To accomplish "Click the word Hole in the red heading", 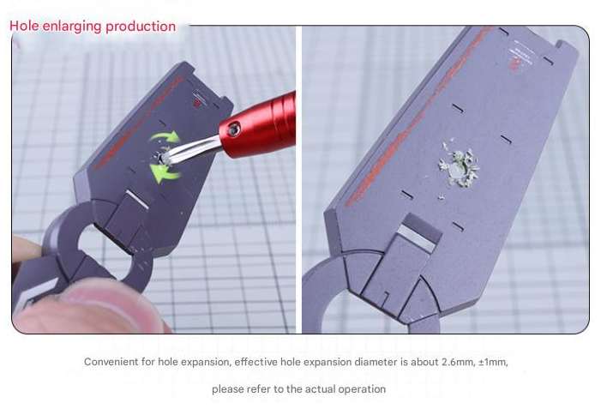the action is tap(24, 27).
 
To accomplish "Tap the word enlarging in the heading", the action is tap(72, 27).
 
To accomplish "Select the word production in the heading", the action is tap(141, 27).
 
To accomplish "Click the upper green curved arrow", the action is tap(165, 136).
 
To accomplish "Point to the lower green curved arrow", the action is tap(164, 173).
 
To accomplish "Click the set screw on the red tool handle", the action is tap(233, 129).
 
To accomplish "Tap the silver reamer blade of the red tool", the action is tap(189, 148).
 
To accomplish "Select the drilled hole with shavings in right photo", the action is tap(458, 169).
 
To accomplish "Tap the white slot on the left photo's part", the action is tap(137, 199).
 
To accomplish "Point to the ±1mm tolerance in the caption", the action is tap(493, 362).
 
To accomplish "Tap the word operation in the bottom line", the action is tap(362, 389).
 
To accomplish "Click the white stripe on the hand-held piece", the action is tap(39, 292).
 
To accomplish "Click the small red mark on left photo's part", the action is tap(196, 102).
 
